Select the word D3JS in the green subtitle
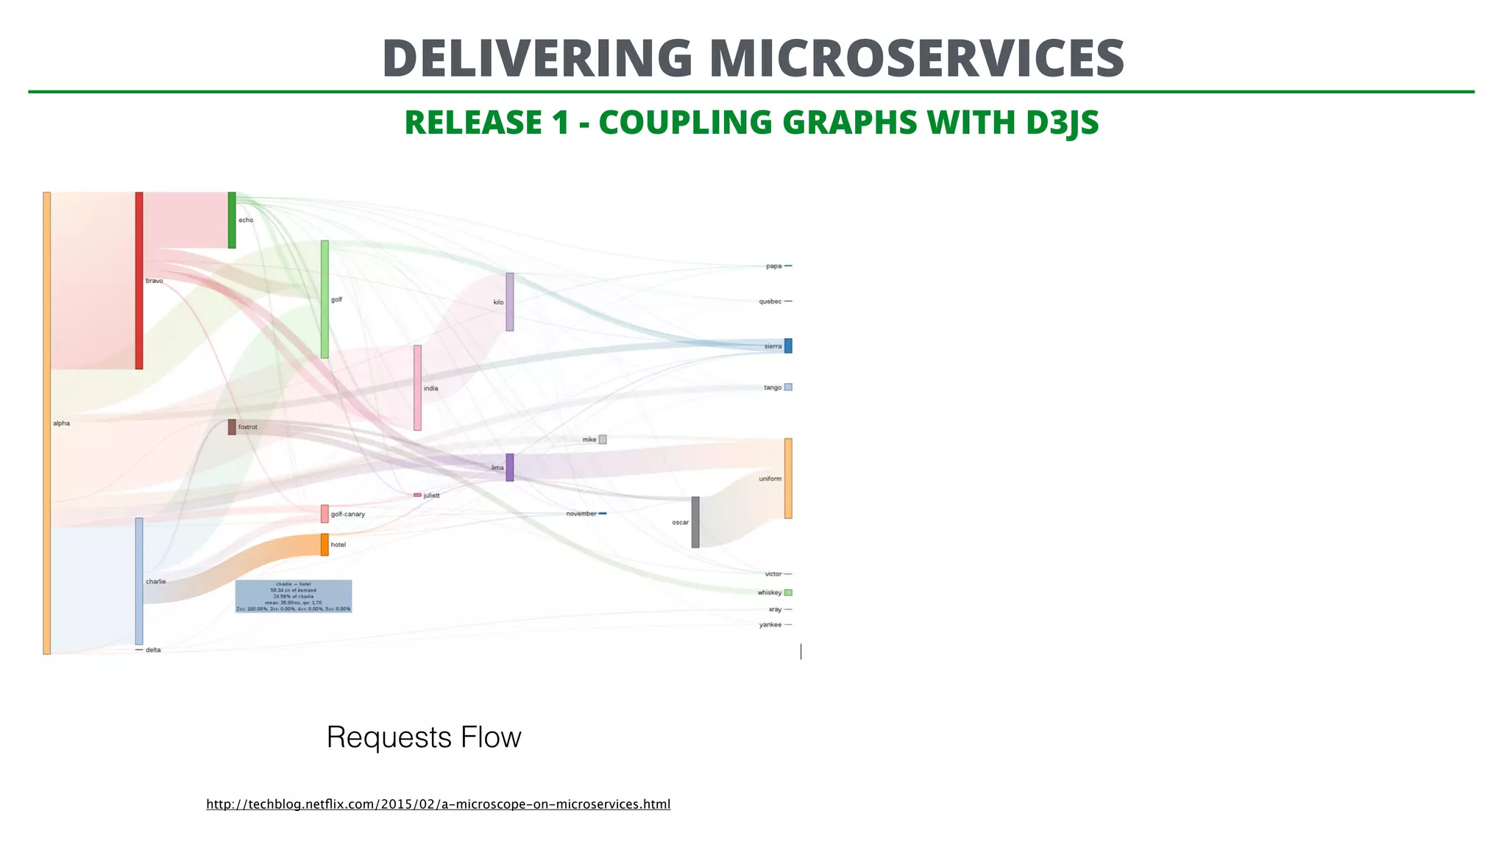(1062, 123)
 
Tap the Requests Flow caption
(424, 737)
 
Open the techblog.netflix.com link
(438, 804)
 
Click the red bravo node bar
(139, 281)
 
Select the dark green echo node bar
(232, 220)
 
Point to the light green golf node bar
(325, 299)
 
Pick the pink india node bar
(417, 387)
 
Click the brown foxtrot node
(232, 427)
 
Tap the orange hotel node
(325, 545)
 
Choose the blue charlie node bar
(139, 581)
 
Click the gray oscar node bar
(695, 522)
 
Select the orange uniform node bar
(788, 479)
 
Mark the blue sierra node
(788, 346)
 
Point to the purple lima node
(510, 468)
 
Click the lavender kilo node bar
(510, 302)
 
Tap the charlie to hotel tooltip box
(294, 596)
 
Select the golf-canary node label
(348, 515)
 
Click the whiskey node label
(770, 593)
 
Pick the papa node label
(773, 266)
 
